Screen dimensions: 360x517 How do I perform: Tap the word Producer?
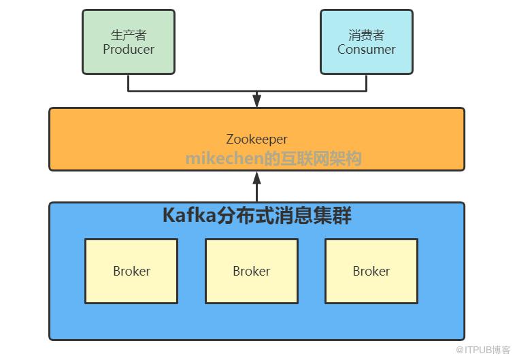click(x=129, y=49)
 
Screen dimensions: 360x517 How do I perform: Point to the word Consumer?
click(x=367, y=49)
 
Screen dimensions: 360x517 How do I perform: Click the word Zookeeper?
click(x=256, y=139)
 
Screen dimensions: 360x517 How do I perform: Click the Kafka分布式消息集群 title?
click(x=256, y=216)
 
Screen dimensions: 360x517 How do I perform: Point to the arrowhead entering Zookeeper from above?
click(x=256, y=101)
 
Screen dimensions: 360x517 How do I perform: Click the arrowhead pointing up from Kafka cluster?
click(x=256, y=178)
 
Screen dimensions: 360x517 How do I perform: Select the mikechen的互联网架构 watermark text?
click(x=273, y=159)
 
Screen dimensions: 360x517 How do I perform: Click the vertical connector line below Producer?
click(x=129, y=82)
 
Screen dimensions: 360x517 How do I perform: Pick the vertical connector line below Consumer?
click(x=367, y=82)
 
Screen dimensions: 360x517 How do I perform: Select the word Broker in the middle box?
click(x=252, y=271)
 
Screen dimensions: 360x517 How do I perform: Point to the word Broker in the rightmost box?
click(x=371, y=271)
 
